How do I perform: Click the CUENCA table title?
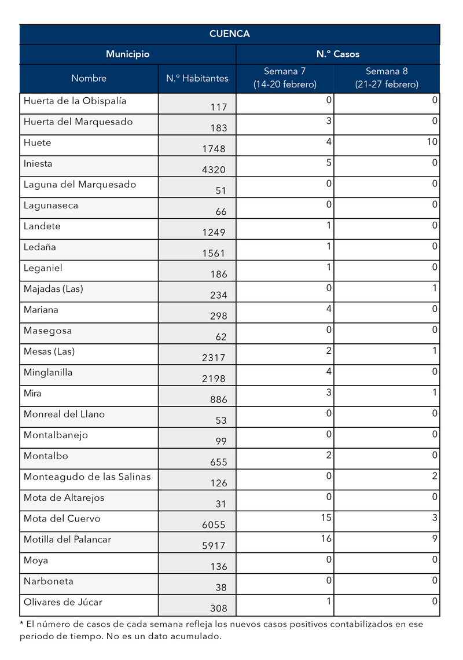pos(229,34)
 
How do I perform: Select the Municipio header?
pos(127,54)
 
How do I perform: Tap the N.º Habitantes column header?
pos(197,78)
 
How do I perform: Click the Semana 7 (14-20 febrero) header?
pos(285,78)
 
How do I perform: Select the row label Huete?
pos(38,142)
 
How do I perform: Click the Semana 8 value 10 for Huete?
pos(432,142)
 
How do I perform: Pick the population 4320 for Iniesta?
pos(214,170)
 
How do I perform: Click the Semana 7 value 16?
pos(326,539)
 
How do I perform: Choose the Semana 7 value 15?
pos(326,518)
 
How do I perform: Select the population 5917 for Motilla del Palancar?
pos(214,545)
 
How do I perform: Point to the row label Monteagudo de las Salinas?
pos(87,476)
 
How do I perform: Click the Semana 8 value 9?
pos(435,539)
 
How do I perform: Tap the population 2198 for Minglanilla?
pos(214,379)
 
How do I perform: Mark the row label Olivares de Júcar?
pos(63,602)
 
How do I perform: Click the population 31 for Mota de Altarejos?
pos(221,504)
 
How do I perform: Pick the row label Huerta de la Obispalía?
pos(75,101)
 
